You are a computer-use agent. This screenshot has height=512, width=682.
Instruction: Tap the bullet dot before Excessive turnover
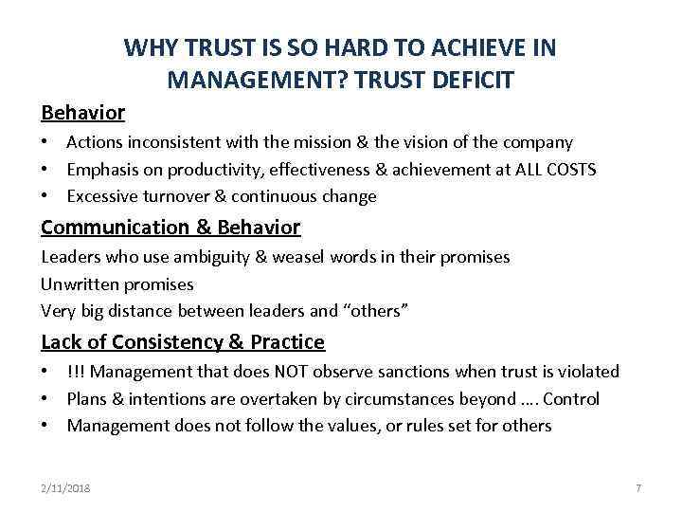coord(45,196)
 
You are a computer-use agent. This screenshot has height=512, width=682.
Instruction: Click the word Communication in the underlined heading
coord(116,228)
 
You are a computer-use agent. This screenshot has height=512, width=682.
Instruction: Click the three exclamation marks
coord(75,372)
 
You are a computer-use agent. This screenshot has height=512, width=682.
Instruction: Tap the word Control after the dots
coord(571,399)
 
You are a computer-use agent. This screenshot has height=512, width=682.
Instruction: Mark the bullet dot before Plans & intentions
coord(45,399)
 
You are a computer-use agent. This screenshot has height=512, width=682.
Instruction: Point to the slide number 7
coord(638,487)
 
